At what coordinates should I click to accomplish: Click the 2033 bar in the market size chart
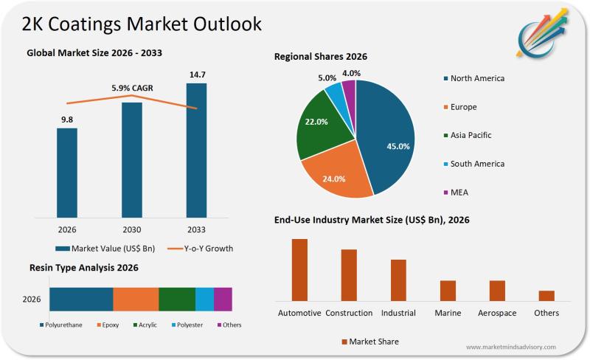(x=196, y=150)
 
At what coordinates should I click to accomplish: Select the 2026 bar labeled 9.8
(x=67, y=173)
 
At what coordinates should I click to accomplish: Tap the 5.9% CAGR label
(x=131, y=89)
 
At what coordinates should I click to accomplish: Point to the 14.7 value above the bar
(x=196, y=75)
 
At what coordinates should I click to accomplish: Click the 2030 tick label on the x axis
(x=131, y=229)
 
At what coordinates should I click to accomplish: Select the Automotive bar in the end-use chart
(x=299, y=270)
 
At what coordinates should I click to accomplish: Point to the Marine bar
(x=448, y=291)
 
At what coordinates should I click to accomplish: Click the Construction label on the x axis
(x=349, y=313)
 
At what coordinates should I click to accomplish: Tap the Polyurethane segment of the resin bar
(x=81, y=300)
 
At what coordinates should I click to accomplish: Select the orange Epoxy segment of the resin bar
(x=136, y=300)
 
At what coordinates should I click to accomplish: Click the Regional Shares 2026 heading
(x=320, y=57)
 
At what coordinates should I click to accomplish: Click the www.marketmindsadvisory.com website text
(x=510, y=347)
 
